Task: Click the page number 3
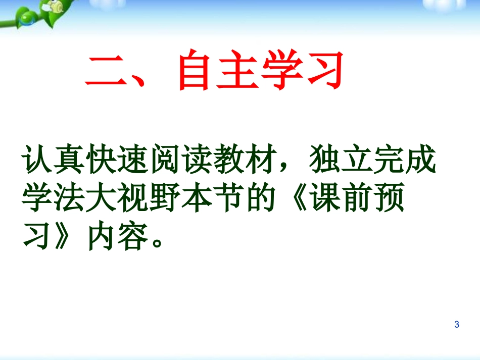[457, 325]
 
